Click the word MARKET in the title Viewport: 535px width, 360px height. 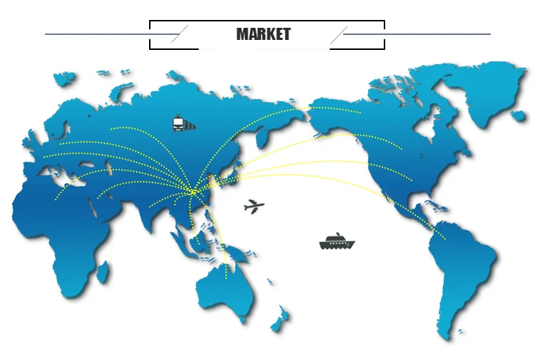pyautogui.click(x=263, y=34)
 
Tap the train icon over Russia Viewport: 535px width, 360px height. pyautogui.click(x=183, y=123)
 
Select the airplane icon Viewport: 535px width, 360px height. pyautogui.click(x=253, y=207)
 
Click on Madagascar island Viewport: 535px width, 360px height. pyautogui.click(x=103, y=272)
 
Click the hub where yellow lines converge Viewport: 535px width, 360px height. pyautogui.click(x=192, y=190)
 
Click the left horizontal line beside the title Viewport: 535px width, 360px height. pyautogui.click(x=107, y=34)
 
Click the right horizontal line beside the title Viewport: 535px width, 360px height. pyautogui.click(x=421, y=34)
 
